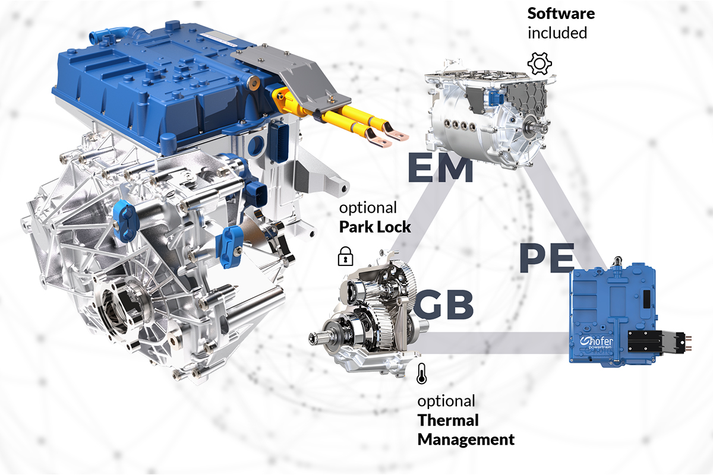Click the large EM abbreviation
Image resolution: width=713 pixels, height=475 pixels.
pos(439,169)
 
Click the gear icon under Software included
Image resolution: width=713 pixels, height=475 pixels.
pos(540,63)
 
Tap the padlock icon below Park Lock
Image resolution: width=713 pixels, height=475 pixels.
pos(345,256)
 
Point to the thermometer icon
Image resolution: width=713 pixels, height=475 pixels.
pos(421,373)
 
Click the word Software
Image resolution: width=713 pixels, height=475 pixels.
pos(561,13)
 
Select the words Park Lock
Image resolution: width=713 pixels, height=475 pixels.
pos(374,227)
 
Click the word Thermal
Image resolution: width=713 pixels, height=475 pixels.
pos(448,420)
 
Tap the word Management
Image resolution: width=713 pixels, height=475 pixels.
pos(466,440)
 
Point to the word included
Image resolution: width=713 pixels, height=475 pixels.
pos(557,33)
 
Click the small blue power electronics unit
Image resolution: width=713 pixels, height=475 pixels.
pos(612,315)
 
